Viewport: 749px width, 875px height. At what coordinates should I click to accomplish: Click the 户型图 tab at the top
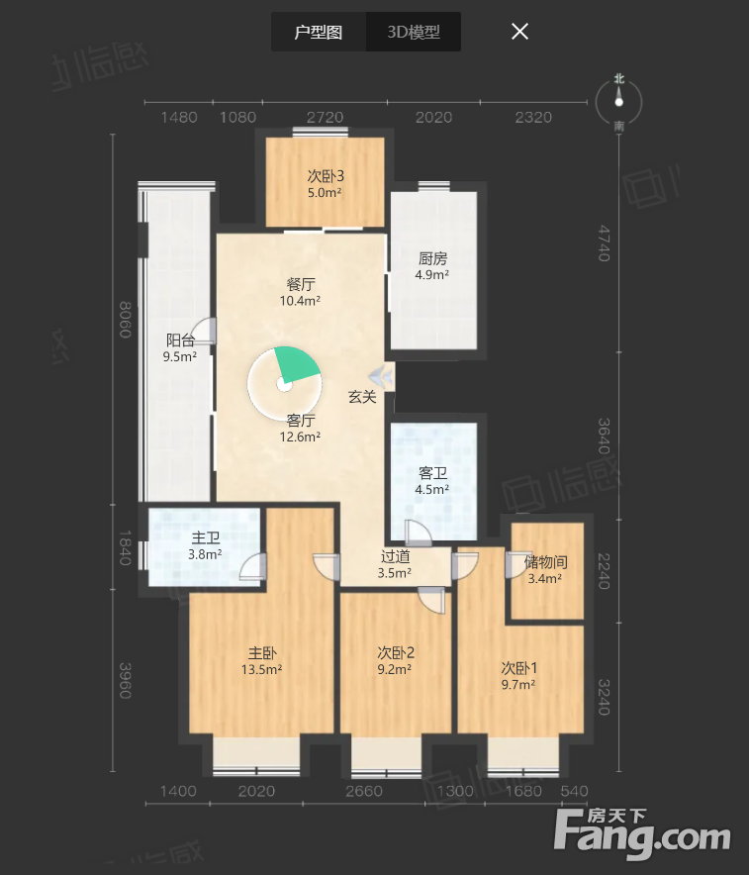[319, 32]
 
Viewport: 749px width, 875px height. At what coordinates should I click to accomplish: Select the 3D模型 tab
[414, 32]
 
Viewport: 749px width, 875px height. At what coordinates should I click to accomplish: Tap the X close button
[519, 32]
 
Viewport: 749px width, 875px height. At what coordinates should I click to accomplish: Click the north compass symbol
[619, 102]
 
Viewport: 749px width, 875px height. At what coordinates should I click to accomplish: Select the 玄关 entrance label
[362, 397]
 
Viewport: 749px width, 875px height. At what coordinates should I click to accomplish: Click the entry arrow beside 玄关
[381, 375]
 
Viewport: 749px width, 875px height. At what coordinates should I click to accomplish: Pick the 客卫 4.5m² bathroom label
[432, 481]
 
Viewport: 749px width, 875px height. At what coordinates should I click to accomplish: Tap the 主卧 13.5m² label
[261, 661]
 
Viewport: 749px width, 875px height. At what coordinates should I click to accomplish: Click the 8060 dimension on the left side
[126, 320]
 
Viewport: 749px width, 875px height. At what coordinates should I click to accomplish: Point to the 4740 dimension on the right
[604, 243]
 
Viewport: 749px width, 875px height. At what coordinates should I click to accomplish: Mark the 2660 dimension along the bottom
[364, 791]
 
